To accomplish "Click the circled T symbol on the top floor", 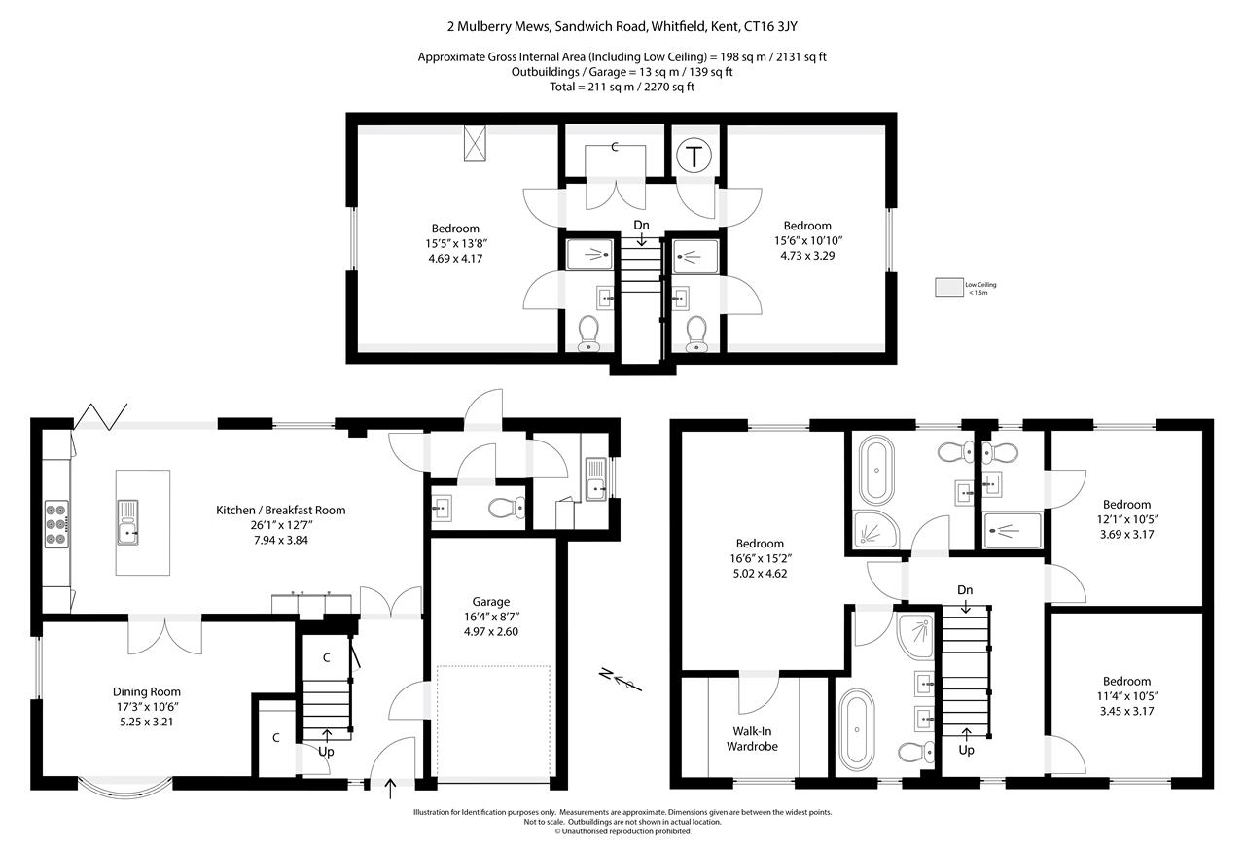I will (694, 156).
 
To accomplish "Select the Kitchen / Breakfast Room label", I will (280, 510).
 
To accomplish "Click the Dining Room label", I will (142, 692).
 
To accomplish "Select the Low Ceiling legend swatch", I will (947, 287).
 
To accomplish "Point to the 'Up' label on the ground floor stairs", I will (325, 751).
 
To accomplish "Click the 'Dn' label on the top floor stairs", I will (641, 226).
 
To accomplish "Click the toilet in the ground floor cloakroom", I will (506, 507).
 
